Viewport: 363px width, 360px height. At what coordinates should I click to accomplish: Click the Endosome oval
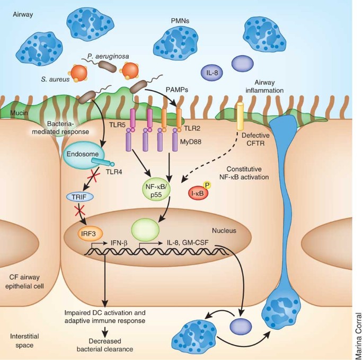coord(82,154)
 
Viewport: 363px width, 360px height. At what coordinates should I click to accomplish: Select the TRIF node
coord(80,197)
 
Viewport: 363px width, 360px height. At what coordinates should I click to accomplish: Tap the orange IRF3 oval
coord(88,233)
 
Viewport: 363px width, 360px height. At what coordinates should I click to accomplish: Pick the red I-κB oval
coord(198,193)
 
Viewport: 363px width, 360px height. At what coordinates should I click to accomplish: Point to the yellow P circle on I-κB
coord(207,185)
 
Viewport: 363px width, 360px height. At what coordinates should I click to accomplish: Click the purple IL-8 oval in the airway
coord(213,73)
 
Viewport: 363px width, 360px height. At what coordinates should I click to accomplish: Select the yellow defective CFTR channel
coord(240,116)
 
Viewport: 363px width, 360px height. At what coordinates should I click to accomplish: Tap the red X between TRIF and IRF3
coord(79,210)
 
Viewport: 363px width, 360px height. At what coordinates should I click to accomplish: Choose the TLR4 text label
coord(113,172)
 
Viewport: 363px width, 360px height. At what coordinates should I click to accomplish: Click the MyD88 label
coord(191,142)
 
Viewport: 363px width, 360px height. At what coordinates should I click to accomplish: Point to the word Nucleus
coord(224,231)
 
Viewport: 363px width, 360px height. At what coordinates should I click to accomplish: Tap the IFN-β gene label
coord(119,243)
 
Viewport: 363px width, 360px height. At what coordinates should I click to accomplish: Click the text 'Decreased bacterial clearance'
coord(105,345)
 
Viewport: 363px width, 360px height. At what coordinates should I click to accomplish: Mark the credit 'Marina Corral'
coord(358,336)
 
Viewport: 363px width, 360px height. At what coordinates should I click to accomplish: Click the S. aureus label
coord(55,80)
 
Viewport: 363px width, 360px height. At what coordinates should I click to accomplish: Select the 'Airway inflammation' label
coord(264,86)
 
